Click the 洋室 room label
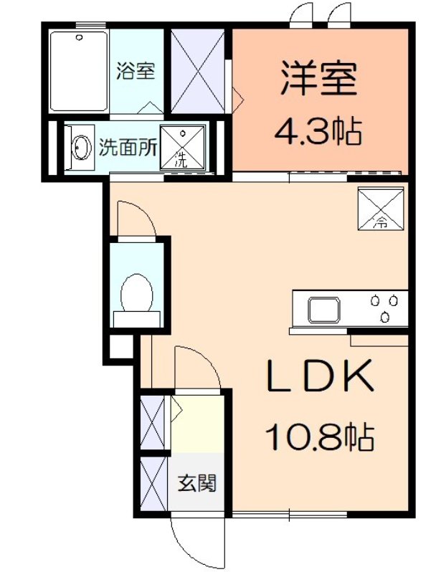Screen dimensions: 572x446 [x=319, y=79]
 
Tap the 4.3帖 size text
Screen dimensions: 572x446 [x=319, y=130]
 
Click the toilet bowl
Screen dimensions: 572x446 [x=138, y=294]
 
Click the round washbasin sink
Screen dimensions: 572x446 [x=81, y=148]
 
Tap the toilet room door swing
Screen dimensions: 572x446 [x=136, y=219]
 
